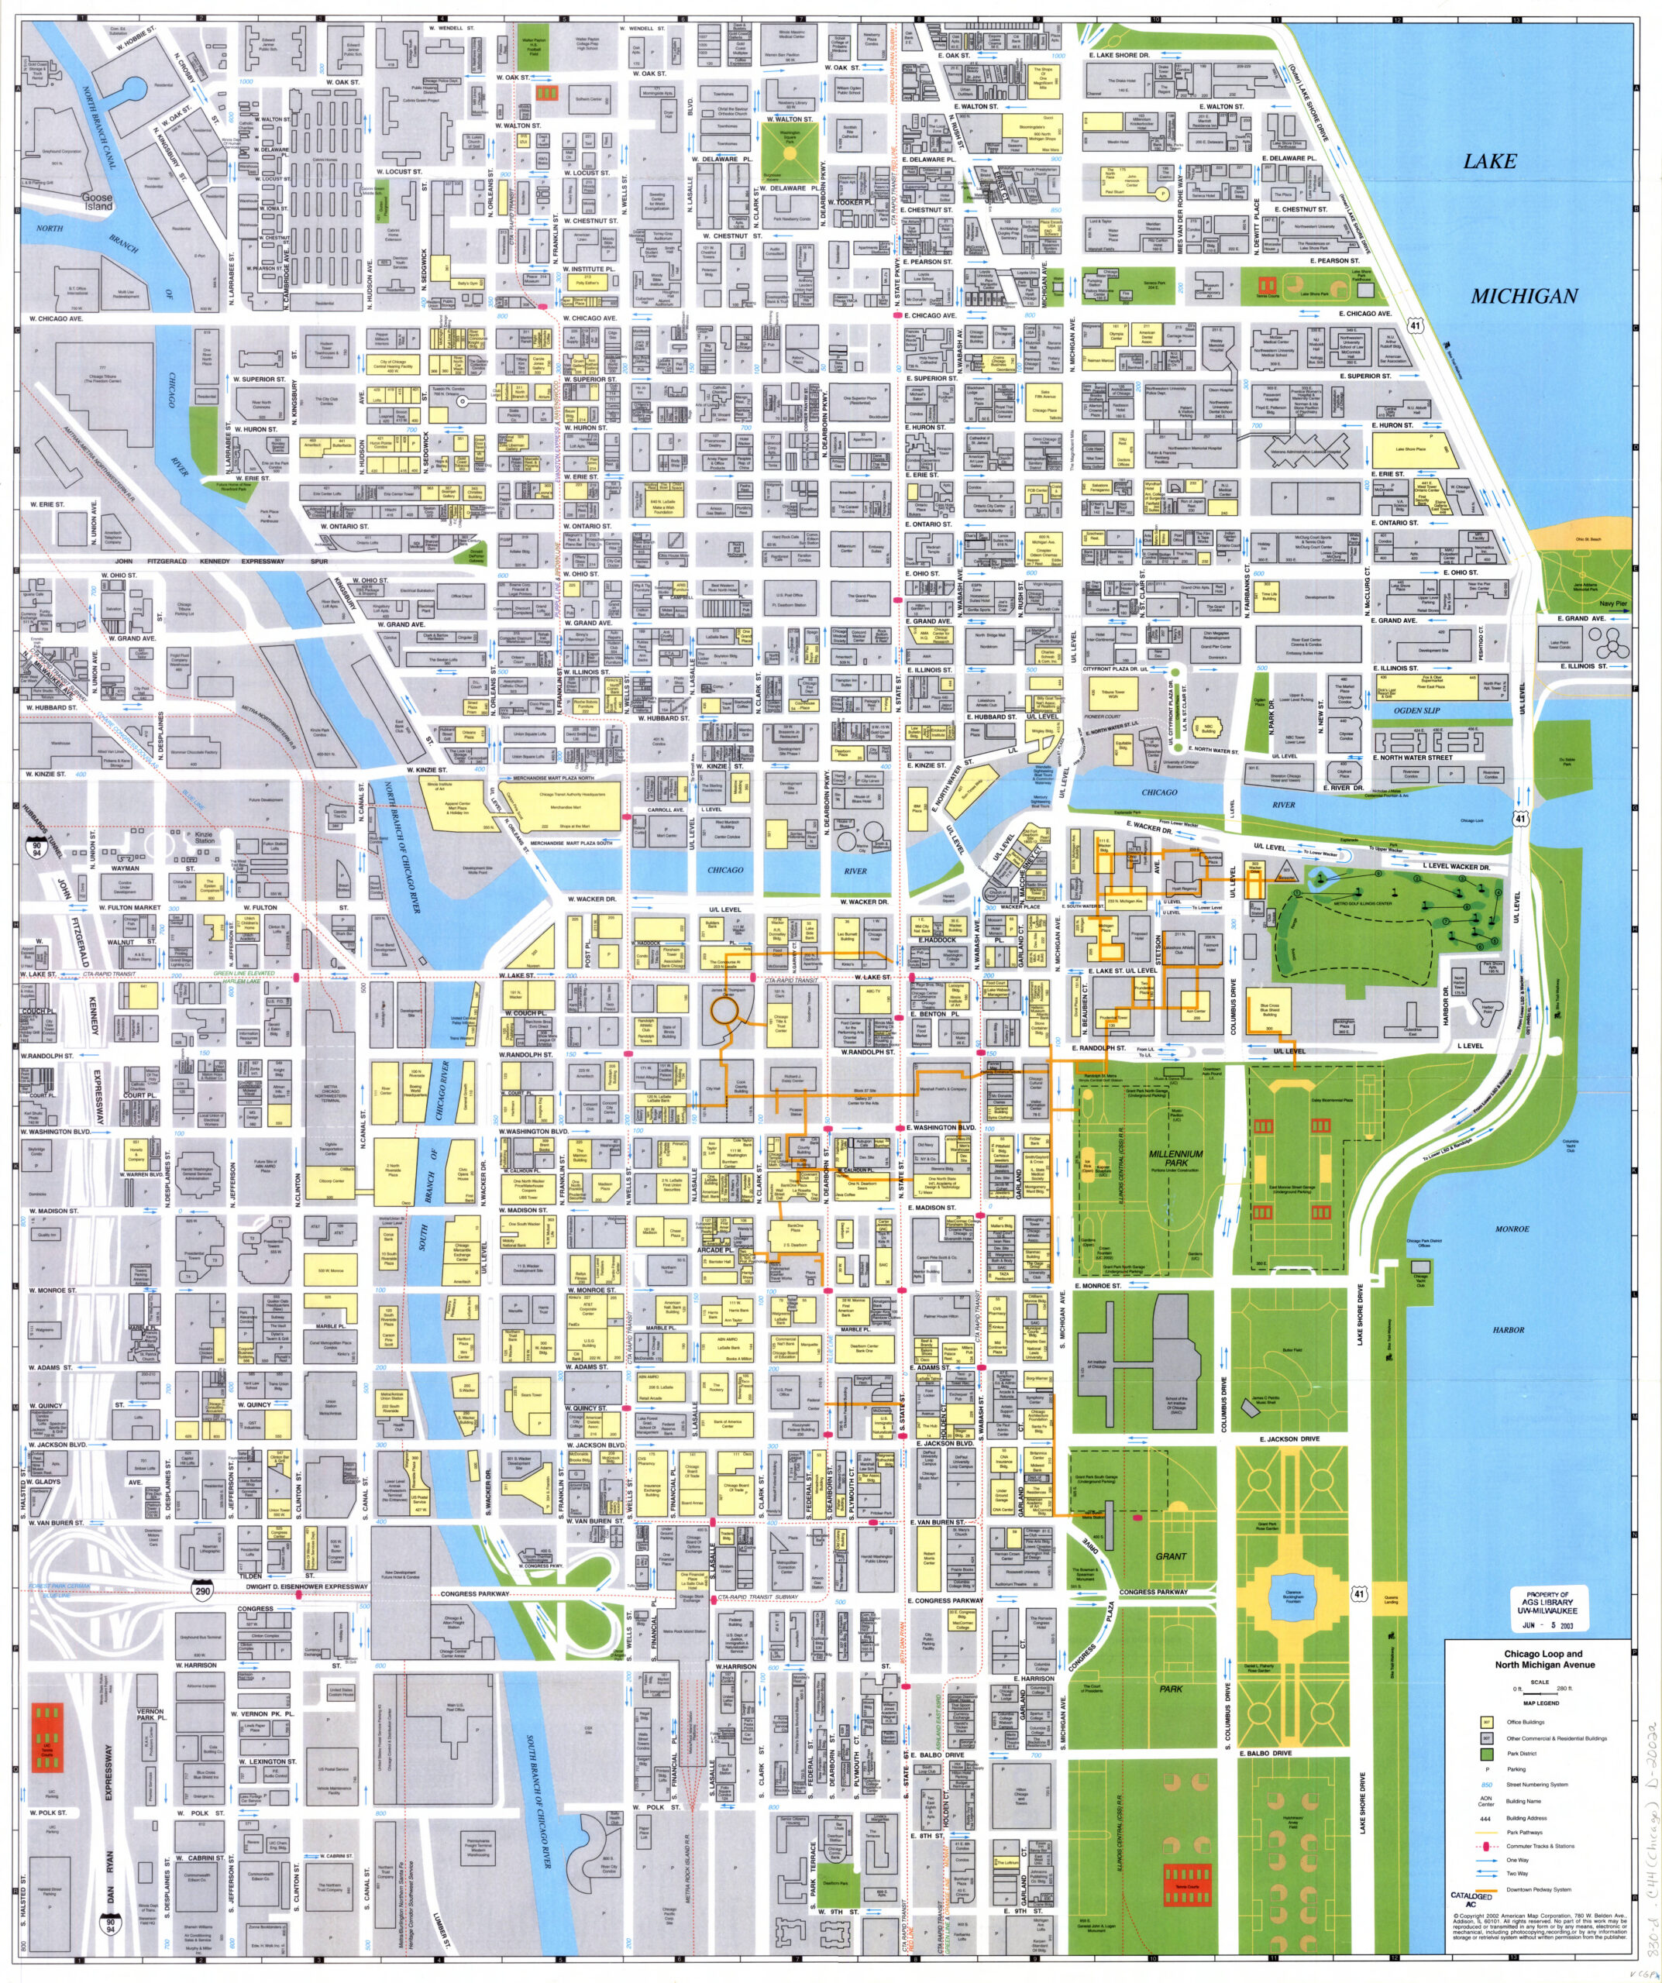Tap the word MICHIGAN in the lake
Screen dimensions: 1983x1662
[x=1524, y=296]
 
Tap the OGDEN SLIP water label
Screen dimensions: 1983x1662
[x=1416, y=710]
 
